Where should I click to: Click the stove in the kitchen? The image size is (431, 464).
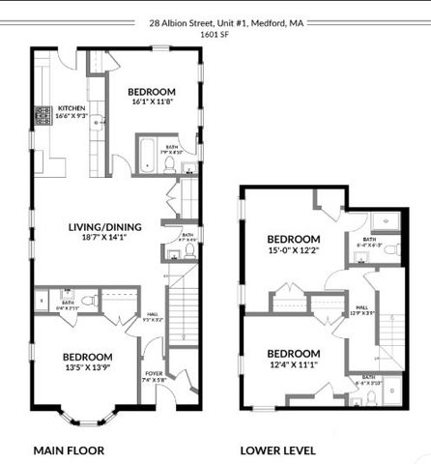(x=43, y=116)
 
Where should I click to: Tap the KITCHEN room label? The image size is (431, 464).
(x=72, y=107)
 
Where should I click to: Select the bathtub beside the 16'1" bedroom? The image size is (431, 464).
(x=148, y=155)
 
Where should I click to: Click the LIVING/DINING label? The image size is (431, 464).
(x=105, y=227)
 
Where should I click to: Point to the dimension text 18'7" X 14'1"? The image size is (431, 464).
(x=105, y=239)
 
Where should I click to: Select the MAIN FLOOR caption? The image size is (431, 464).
(x=69, y=449)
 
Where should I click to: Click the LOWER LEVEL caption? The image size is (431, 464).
(x=278, y=449)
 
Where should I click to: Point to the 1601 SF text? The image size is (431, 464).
(x=215, y=35)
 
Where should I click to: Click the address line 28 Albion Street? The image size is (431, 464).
(x=215, y=21)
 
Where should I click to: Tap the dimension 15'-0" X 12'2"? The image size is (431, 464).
(x=294, y=251)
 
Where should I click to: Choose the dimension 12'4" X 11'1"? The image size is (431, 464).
(x=294, y=364)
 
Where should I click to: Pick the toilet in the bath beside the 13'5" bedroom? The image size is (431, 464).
(x=86, y=302)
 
